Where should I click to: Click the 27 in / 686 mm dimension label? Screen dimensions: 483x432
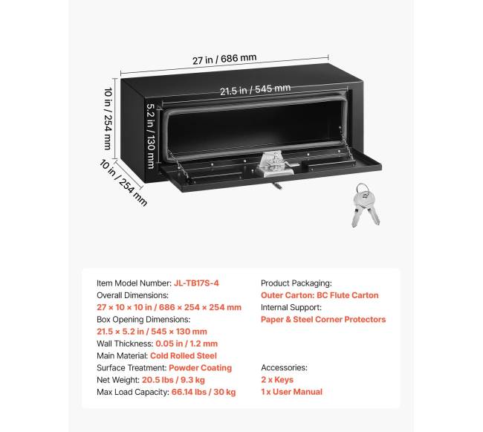[x=224, y=59]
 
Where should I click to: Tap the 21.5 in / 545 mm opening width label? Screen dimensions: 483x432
[x=256, y=90]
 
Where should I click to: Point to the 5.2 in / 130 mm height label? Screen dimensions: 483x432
[x=151, y=136]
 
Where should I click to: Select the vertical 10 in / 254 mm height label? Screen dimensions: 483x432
[x=108, y=119]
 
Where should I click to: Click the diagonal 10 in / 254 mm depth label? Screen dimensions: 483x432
[x=123, y=182]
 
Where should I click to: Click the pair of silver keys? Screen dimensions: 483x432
[x=365, y=205]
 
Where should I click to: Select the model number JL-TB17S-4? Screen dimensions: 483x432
[x=196, y=283]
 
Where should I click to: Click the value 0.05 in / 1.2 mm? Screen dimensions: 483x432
[x=187, y=344]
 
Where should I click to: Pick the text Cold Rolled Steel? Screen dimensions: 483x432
[x=184, y=355]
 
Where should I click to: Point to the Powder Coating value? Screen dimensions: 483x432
[x=200, y=368]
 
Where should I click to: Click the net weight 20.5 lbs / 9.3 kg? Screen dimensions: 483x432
[x=173, y=380]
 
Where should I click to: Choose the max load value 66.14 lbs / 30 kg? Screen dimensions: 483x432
[x=204, y=393]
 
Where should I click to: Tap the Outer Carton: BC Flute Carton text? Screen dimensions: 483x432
[x=320, y=295]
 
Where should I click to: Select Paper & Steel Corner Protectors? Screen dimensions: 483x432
[x=323, y=320]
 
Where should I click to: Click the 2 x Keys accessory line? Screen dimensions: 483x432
[x=277, y=380]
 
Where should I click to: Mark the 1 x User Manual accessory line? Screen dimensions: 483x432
[x=292, y=392]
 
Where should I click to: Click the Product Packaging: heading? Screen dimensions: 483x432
[x=296, y=283]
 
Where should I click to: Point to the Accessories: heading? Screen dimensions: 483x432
[x=285, y=367]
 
